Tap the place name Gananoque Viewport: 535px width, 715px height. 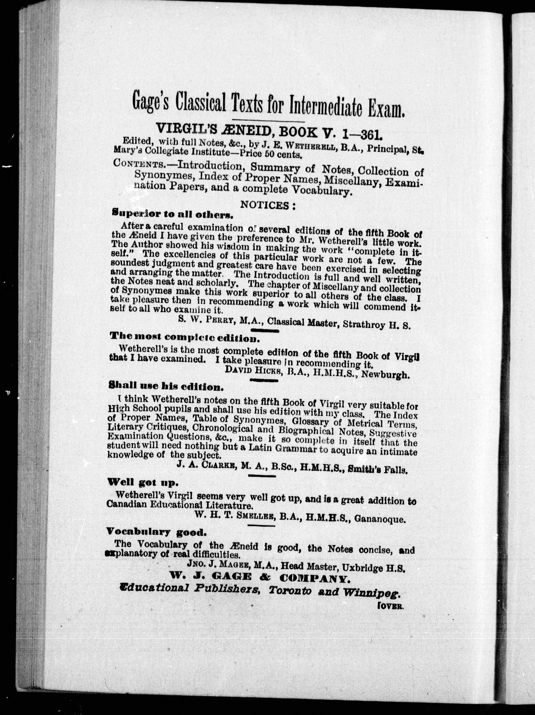click(379, 520)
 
